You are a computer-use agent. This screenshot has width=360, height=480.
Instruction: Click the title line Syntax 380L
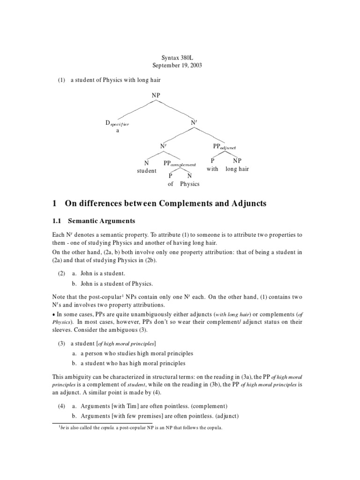point(177,57)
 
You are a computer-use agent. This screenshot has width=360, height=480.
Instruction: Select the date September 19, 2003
point(177,65)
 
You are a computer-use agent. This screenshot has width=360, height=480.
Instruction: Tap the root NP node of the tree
point(156,95)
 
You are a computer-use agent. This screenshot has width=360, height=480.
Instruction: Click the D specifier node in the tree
point(117,124)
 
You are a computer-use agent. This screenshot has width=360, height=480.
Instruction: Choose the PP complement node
point(179,164)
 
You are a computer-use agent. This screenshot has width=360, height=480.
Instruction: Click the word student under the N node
point(146,171)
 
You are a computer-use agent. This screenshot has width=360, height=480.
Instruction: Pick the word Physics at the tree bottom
point(189,184)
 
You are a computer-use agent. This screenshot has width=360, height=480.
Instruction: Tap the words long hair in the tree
point(237,169)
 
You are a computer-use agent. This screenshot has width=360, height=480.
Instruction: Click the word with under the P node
point(212,169)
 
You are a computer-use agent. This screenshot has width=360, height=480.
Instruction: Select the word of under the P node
point(171,184)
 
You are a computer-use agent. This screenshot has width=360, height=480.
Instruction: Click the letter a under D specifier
point(118,131)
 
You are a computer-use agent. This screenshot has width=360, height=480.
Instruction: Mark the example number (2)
point(61,273)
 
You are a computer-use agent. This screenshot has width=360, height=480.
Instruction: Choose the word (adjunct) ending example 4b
point(223,416)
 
